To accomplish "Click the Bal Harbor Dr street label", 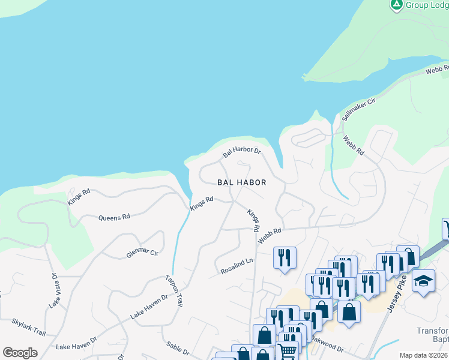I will (x=242, y=152).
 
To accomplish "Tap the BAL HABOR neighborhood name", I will (x=241, y=182).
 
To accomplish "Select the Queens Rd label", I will (x=114, y=217).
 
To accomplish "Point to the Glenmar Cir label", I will (x=142, y=254).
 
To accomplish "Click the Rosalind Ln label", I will (x=237, y=266).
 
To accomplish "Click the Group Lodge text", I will (x=427, y=5).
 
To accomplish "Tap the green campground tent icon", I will (x=396, y=5).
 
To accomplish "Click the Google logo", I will (x=20, y=353).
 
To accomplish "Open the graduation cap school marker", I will (x=423, y=281).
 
